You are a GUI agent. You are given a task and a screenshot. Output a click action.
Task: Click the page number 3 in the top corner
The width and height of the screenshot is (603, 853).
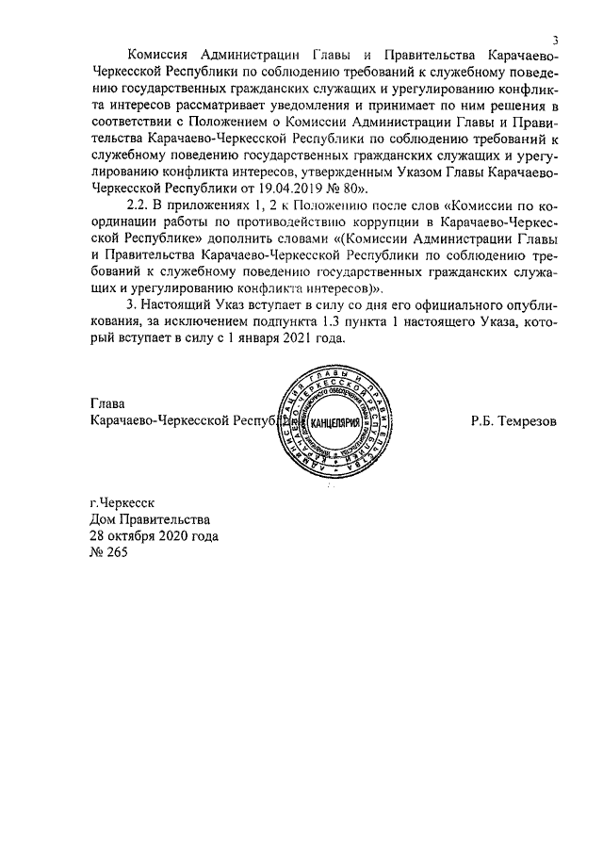(556, 40)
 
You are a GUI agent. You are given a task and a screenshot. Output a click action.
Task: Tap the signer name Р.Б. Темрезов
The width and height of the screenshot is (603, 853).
(513, 421)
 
